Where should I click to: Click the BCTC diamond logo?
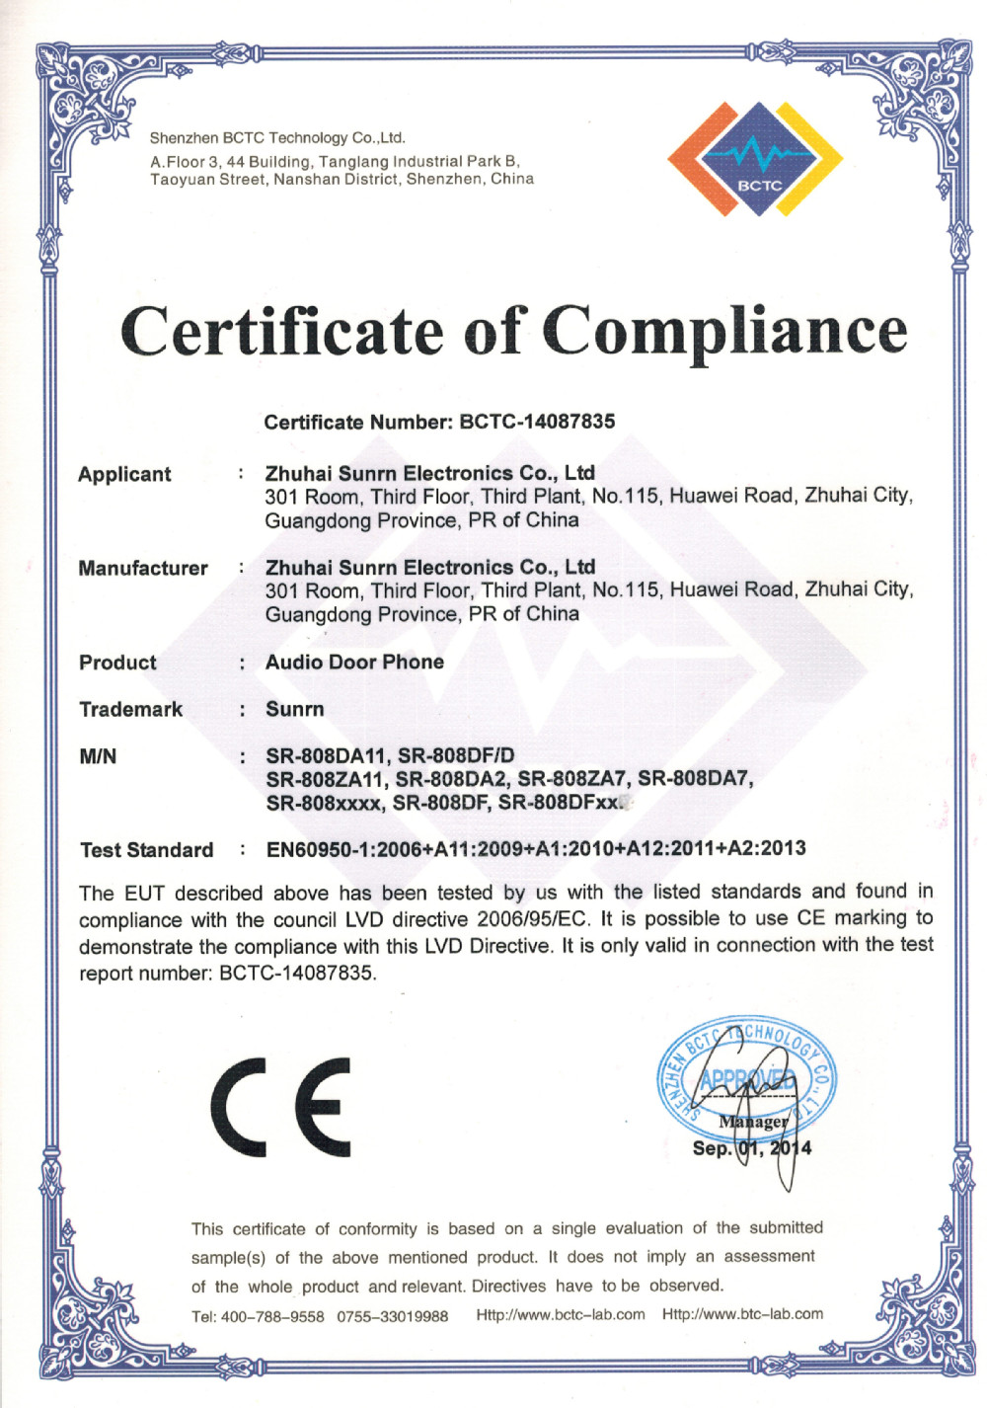click(756, 160)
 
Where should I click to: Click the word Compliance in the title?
click(724, 331)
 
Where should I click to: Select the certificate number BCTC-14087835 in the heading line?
click(537, 422)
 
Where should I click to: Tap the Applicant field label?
click(124, 474)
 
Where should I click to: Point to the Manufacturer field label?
click(143, 569)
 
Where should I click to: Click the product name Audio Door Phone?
click(354, 662)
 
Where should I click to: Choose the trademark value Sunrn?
click(294, 709)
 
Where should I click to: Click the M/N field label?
click(98, 756)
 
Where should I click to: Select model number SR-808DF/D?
click(456, 756)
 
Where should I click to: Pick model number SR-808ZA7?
click(571, 779)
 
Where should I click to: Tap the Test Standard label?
click(146, 850)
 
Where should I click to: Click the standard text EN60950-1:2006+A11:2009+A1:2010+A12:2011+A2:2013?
click(535, 849)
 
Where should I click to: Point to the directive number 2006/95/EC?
click(531, 919)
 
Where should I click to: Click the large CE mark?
click(281, 1107)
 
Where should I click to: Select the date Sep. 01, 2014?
click(751, 1148)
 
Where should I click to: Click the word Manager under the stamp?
click(753, 1122)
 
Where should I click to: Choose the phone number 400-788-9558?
click(271, 1316)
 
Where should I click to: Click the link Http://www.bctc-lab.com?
click(561, 1315)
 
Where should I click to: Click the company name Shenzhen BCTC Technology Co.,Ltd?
click(277, 138)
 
